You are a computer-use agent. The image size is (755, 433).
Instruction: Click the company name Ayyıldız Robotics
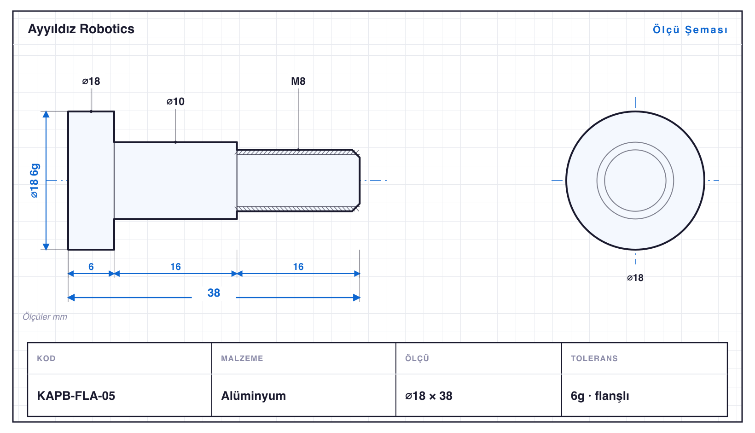click(81, 29)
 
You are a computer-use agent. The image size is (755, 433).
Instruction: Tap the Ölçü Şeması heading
click(690, 29)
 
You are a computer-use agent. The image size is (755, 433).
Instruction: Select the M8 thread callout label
click(298, 81)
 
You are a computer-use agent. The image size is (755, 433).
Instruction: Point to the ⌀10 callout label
click(175, 101)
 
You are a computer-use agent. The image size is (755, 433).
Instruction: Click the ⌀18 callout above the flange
click(91, 81)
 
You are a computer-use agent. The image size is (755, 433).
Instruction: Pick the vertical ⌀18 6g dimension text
click(35, 181)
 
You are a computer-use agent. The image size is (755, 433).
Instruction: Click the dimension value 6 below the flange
click(91, 267)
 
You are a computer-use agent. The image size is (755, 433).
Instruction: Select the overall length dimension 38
click(214, 293)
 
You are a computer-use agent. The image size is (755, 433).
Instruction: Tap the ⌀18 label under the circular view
click(635, 278)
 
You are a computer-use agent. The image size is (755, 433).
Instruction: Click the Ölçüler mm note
click(45, 316)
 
